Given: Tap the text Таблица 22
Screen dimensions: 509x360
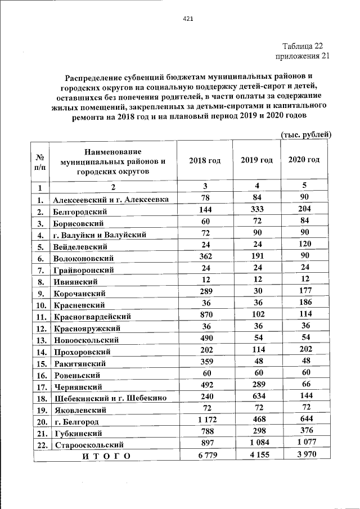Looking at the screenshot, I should click(303, 46).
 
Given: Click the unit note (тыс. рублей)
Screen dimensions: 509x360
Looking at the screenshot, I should click(306, 134).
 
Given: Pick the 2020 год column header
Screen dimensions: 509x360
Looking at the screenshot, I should click(304, 160).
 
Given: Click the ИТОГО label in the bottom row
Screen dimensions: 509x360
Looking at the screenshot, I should click(106, 456).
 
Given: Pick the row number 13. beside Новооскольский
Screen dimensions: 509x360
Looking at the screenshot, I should click(40, 340).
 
